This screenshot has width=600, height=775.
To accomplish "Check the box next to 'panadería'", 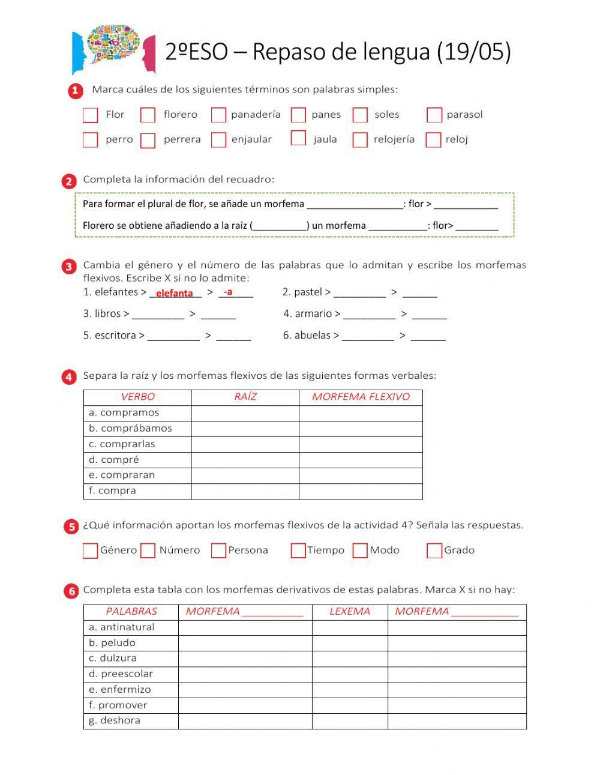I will tap(219, 115).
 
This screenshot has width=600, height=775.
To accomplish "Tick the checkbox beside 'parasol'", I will tap(434, 115).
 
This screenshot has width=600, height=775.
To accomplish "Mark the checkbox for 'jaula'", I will tap(298, 139).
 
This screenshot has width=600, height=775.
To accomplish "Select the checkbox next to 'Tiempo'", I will tap(298, 550).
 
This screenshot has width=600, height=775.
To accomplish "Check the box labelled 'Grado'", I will tap(434, 550).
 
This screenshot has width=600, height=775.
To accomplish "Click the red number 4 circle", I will tap(70, 377).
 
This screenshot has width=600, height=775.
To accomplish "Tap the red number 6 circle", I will tap(71, 591).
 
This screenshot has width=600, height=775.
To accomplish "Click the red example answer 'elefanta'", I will tap(174, 293).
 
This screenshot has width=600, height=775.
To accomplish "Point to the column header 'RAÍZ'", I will tap(245, 397).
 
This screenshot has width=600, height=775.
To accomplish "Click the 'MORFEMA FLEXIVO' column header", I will tap(361, 397).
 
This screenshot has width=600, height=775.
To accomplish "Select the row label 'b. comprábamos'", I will tap(130, 428).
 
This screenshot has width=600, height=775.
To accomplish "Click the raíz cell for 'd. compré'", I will tap(245, 460).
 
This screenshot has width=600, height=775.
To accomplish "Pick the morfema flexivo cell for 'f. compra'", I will tap(361, 491).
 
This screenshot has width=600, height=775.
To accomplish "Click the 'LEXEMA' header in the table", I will tap(350, 612).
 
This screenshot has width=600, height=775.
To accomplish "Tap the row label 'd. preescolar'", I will tap(121, 674).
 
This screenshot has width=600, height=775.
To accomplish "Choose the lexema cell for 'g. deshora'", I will tap(350, 721).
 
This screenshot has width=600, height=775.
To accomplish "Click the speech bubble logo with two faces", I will tap(113, 48).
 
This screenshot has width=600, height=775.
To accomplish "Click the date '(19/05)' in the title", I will tap(474, 52).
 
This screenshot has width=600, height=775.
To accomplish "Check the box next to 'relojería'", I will tap(360, 140).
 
